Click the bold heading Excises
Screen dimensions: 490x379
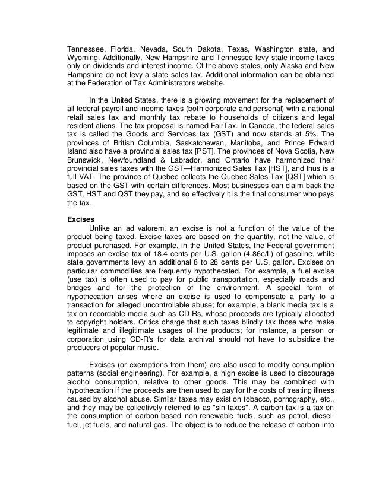point(78,218)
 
